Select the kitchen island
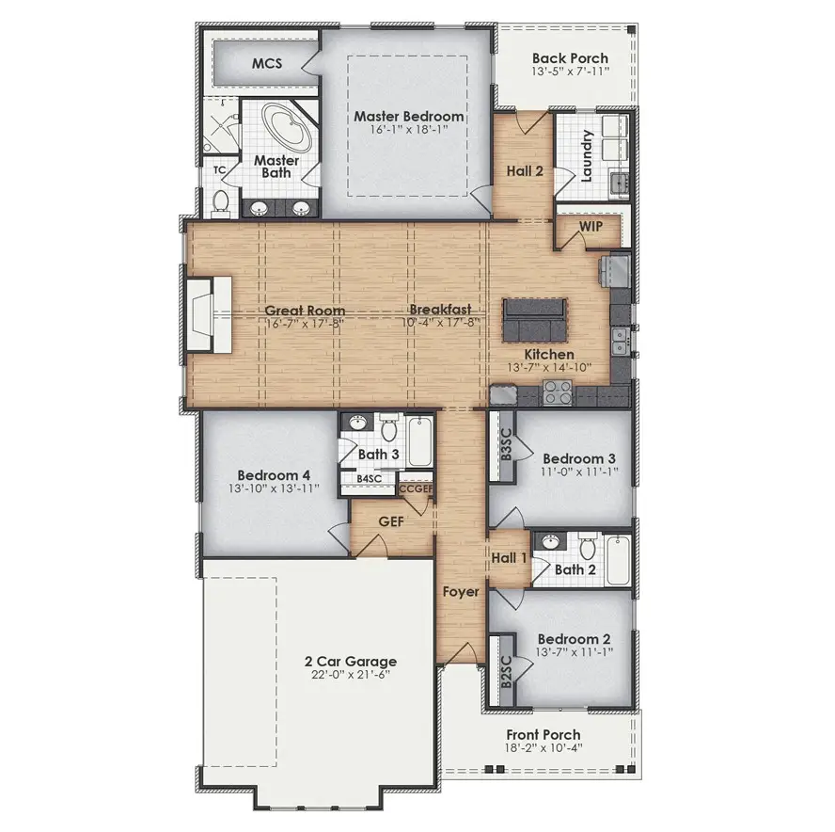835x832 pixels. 534,320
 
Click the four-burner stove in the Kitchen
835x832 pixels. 557,392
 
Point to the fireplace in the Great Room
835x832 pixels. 208,314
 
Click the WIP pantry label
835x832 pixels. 591,226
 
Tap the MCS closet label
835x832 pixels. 267,63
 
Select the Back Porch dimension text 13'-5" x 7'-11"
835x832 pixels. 570,72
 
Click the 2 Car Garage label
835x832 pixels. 351,662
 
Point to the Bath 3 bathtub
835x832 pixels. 419,441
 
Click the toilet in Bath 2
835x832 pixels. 588,546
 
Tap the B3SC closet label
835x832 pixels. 506,445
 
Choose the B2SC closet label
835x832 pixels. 506,672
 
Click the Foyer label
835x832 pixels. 461,592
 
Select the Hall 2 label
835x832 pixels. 525,171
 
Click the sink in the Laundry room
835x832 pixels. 619,183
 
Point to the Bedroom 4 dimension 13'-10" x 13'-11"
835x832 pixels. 274,488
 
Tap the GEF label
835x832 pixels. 391,521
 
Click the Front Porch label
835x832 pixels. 544,734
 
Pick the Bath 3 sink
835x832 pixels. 358,424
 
